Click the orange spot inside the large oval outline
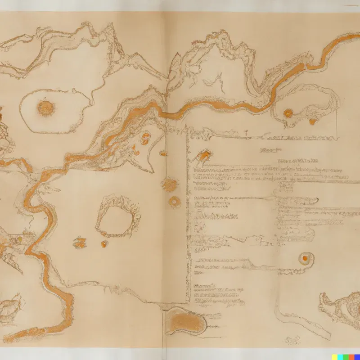point(45,108)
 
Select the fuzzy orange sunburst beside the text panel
point(170,184)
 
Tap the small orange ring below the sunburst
point(173,201)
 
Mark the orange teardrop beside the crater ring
point(104,244)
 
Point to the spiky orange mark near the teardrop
point(80,243)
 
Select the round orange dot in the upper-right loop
point(288,113)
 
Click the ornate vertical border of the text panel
point(188,216)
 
